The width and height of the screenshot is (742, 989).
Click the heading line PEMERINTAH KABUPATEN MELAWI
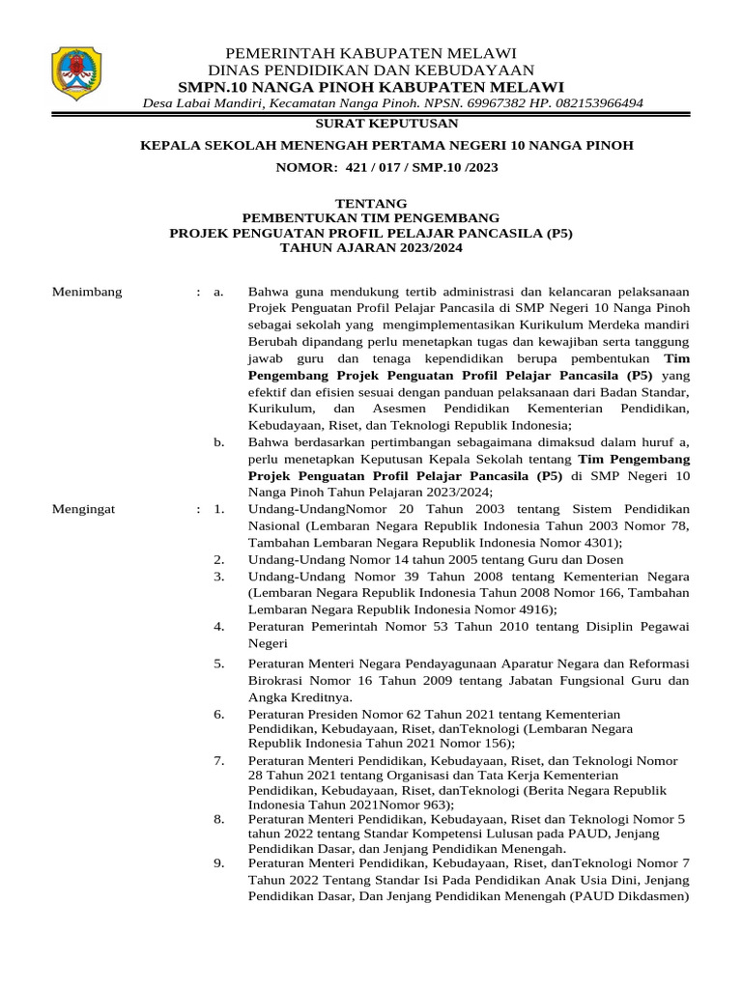[371, 52]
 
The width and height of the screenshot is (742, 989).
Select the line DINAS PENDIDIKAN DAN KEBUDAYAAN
[371, 70]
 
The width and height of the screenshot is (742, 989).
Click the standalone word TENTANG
[371, 204]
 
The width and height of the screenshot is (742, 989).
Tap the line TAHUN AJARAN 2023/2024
[371, 248]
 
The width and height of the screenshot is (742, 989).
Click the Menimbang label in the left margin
[86, 292]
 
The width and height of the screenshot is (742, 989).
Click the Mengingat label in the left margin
[84, 509]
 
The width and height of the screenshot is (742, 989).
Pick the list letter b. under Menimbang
[218, 442]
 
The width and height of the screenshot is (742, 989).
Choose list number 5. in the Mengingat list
[219, 664]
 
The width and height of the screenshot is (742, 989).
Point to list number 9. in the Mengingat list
[219, 862]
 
